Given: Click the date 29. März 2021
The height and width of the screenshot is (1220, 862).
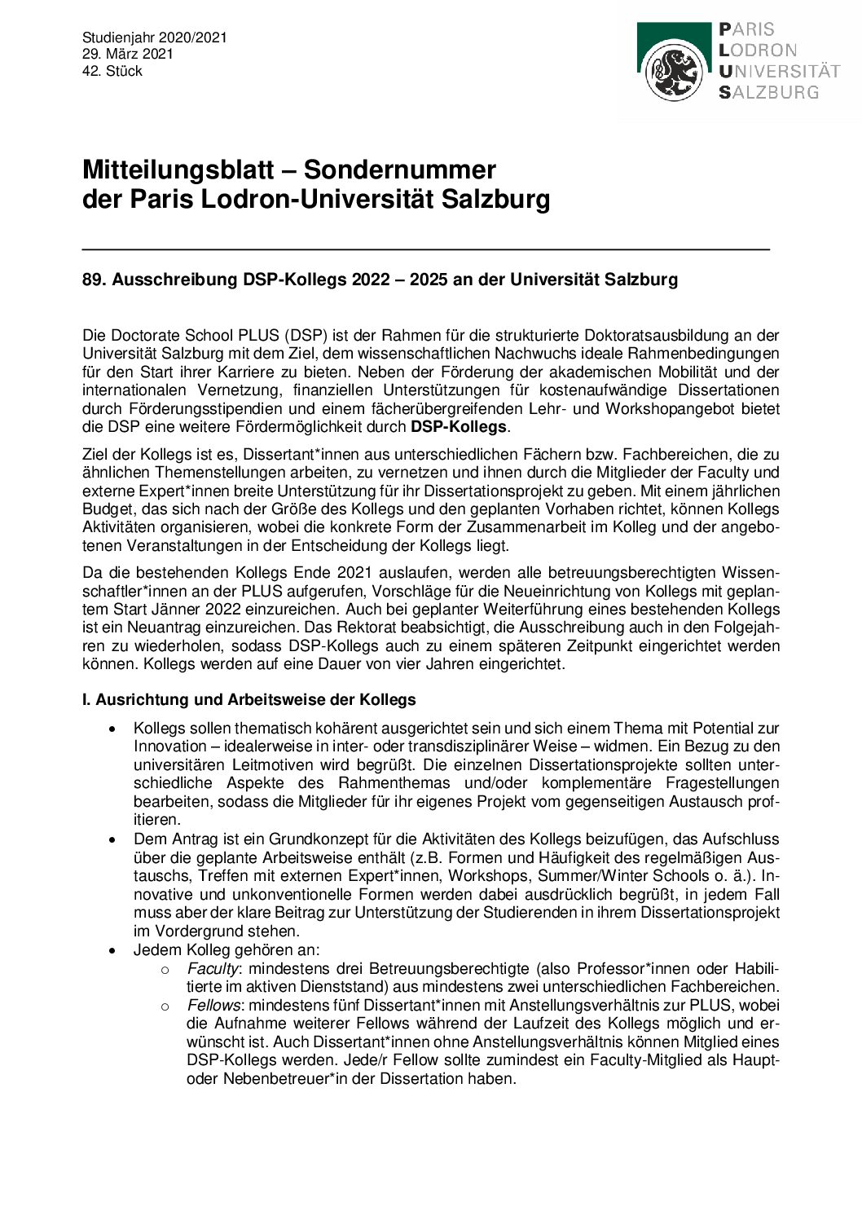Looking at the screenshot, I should pyautogui.click(x=128, y=55).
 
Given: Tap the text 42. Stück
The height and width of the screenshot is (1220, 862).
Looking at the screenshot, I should pyautogui.click(x=112, y=72).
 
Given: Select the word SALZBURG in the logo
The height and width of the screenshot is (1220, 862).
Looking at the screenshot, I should pyautogui.click(x=768, y=93).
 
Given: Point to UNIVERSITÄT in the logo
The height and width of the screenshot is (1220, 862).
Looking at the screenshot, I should pyautogui.click(x=778, y=72).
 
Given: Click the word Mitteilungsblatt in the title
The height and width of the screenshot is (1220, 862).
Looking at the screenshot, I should pyautogui.click(x=178, y=170).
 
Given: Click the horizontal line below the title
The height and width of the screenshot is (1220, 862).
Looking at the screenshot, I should pyautogui.click(x=425, y=249).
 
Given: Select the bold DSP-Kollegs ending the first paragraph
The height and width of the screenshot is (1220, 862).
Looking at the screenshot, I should pyautogui.click(x=459, y=427).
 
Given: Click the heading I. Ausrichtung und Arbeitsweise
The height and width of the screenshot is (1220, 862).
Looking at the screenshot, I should pyautogui.click(x=248, y=700).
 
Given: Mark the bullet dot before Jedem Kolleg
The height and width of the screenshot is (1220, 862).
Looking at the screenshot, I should pyautogui.click(x=112, y=950).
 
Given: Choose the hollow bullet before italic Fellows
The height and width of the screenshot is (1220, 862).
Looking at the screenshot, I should pyautogui.click(x=165, y=1006).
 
